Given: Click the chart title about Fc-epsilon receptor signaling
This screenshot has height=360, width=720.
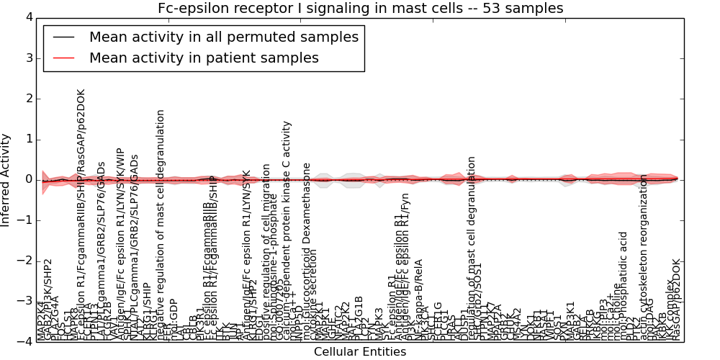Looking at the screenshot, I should (360, 8).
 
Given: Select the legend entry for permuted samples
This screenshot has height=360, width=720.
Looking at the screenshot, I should (223, 37).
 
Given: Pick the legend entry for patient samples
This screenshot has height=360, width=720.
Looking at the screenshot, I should (204, 58).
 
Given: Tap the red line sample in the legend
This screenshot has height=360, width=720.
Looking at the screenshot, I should (63, 58).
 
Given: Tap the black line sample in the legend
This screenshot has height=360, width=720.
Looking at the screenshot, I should (63, 37).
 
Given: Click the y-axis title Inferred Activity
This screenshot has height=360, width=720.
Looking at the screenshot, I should (6, 179).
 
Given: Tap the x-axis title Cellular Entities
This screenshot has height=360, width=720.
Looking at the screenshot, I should (360, 352).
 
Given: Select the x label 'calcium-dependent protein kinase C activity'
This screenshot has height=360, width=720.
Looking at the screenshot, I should (287, 230).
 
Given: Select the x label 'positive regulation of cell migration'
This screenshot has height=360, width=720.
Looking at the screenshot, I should (266, 252).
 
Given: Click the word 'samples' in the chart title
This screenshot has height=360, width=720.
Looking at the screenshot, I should (537, 8).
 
